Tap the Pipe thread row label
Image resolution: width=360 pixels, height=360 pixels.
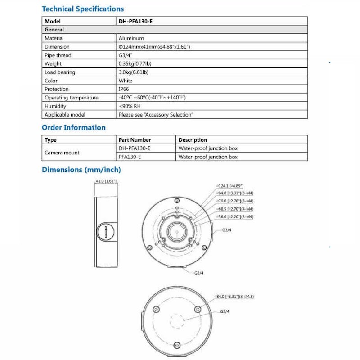[58, 55]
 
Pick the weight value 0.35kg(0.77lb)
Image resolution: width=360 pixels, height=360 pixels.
[136, 64]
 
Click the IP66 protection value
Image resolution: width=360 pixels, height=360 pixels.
[124, 89]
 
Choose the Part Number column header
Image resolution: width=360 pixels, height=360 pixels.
[135, 140]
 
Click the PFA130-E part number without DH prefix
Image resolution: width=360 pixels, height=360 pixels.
[130, 157]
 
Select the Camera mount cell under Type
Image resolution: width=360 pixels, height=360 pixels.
[62, 153]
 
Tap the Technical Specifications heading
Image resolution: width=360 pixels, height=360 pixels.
[83, 9]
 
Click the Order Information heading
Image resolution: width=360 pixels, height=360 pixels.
[74, 128]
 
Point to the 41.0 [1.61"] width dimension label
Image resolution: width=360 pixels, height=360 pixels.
[106, 181]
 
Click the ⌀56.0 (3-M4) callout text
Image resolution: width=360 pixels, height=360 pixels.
[235, 216]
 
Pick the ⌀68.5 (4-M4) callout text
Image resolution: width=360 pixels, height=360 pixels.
[235, 209]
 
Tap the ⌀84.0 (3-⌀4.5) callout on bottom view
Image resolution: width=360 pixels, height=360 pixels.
[235, 297]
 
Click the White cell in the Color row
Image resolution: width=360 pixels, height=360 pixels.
[126, 81]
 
